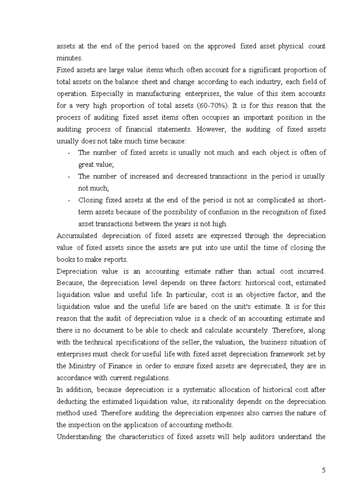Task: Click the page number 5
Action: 323,470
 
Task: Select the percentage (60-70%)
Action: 212,105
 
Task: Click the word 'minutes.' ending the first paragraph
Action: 69,58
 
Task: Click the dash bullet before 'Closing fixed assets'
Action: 69,200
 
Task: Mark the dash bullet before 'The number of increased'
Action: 69,177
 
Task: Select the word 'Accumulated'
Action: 77,236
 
